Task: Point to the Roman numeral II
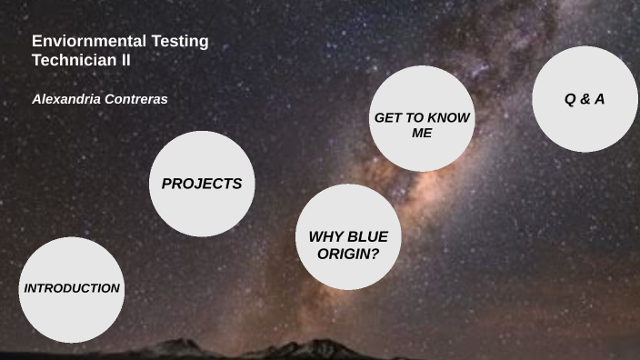(126, 59)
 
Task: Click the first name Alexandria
(66, 99)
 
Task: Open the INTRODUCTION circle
(71, 289)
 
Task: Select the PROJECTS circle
(201, 184)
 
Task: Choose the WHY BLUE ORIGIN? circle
(348, 238)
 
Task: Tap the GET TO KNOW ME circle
(422, 119)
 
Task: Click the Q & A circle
(585, 99)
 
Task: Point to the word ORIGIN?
(348, 254)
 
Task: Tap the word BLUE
(367, 237)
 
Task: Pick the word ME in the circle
(422, 134)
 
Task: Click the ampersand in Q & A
(585, 99)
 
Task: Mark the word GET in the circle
(387, 119)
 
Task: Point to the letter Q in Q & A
(570, 99)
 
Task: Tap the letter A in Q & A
(599, 99)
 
